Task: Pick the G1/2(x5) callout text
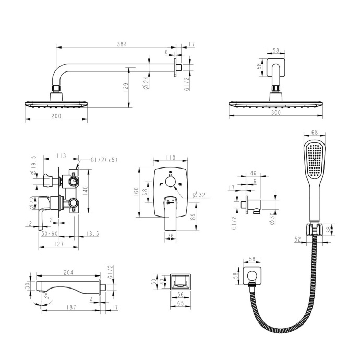point(104,160)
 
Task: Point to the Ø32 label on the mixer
point(197,195)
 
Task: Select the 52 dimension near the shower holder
point(298,239)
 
